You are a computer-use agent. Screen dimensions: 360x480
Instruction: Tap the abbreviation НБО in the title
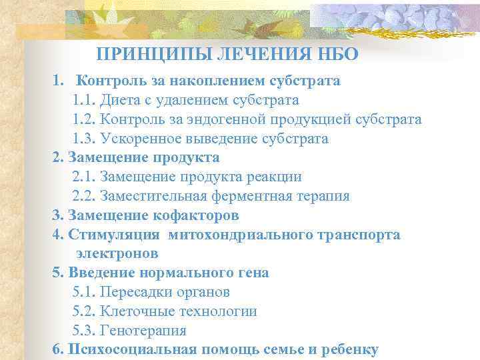pyautogui.click(x=337, y=55)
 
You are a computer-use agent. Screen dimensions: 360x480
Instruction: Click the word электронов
pyautogui.click(x=117, y=253)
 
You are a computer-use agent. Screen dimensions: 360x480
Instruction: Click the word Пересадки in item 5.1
pyautogui.click(x=136, y=292)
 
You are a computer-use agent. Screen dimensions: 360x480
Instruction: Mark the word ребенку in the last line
pyautogui.click(x=350, y=349)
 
